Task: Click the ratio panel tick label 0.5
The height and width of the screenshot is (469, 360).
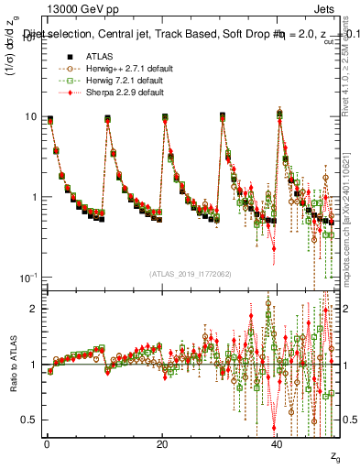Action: tap(29, 420)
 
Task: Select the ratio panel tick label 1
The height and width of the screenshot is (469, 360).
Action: tap(34, 365)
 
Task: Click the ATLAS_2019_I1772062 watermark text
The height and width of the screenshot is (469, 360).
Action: tap(191, 273)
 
